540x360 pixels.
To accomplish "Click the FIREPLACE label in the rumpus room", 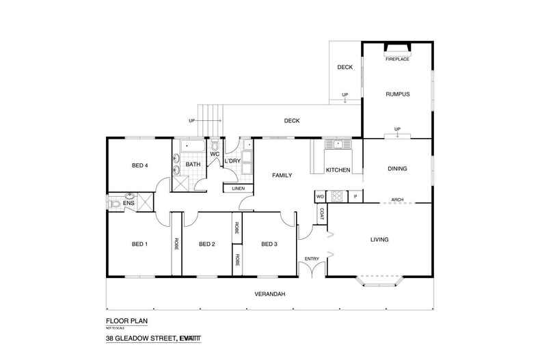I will [397, 59].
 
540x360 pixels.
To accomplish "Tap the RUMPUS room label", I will [397, 94].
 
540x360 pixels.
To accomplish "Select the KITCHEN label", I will [338, 169].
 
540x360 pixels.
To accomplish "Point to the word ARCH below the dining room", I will [396, 199].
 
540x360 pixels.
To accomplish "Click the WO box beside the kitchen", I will [320, 197].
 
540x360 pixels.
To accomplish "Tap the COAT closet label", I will [320, 213].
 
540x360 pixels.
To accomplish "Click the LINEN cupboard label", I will [237, 188].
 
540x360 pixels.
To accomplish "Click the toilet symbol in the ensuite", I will [116, 204].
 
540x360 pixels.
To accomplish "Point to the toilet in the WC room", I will [215, 145].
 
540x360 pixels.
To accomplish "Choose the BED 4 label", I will [139, 165].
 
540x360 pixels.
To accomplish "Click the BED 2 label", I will [207, 244].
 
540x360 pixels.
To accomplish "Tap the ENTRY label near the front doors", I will [312, 258].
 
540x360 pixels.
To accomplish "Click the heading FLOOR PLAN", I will [127, 320].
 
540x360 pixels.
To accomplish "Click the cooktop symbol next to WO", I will [336, 197].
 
